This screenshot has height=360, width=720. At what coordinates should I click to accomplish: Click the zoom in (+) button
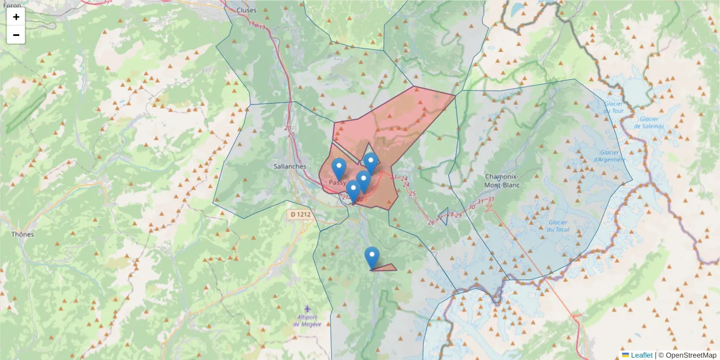click(16, 17)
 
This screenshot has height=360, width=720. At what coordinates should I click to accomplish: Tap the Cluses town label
click(246, 10)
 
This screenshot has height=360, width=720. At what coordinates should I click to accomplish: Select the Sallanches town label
click(290, 166)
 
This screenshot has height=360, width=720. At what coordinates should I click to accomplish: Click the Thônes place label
click(23, 234)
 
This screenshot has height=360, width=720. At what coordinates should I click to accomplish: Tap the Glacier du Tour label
click(614, 107)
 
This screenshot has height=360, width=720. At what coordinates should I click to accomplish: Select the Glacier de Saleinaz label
click(649, 122)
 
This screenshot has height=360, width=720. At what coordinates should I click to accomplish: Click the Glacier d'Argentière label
click(609, 156)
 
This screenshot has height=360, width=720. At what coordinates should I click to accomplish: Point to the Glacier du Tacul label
click(561, 226)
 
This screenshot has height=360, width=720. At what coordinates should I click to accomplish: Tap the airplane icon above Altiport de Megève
click(308, 308)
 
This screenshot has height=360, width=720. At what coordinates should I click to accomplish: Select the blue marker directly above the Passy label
click(339, 167)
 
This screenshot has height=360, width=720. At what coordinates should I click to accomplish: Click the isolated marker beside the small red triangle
click(372, 257)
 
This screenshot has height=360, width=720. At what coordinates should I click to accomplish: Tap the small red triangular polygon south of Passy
click(386, 267)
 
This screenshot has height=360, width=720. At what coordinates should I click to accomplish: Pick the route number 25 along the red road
click(412, 193)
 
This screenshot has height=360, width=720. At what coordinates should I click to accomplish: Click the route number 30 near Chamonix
click(472, 207)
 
